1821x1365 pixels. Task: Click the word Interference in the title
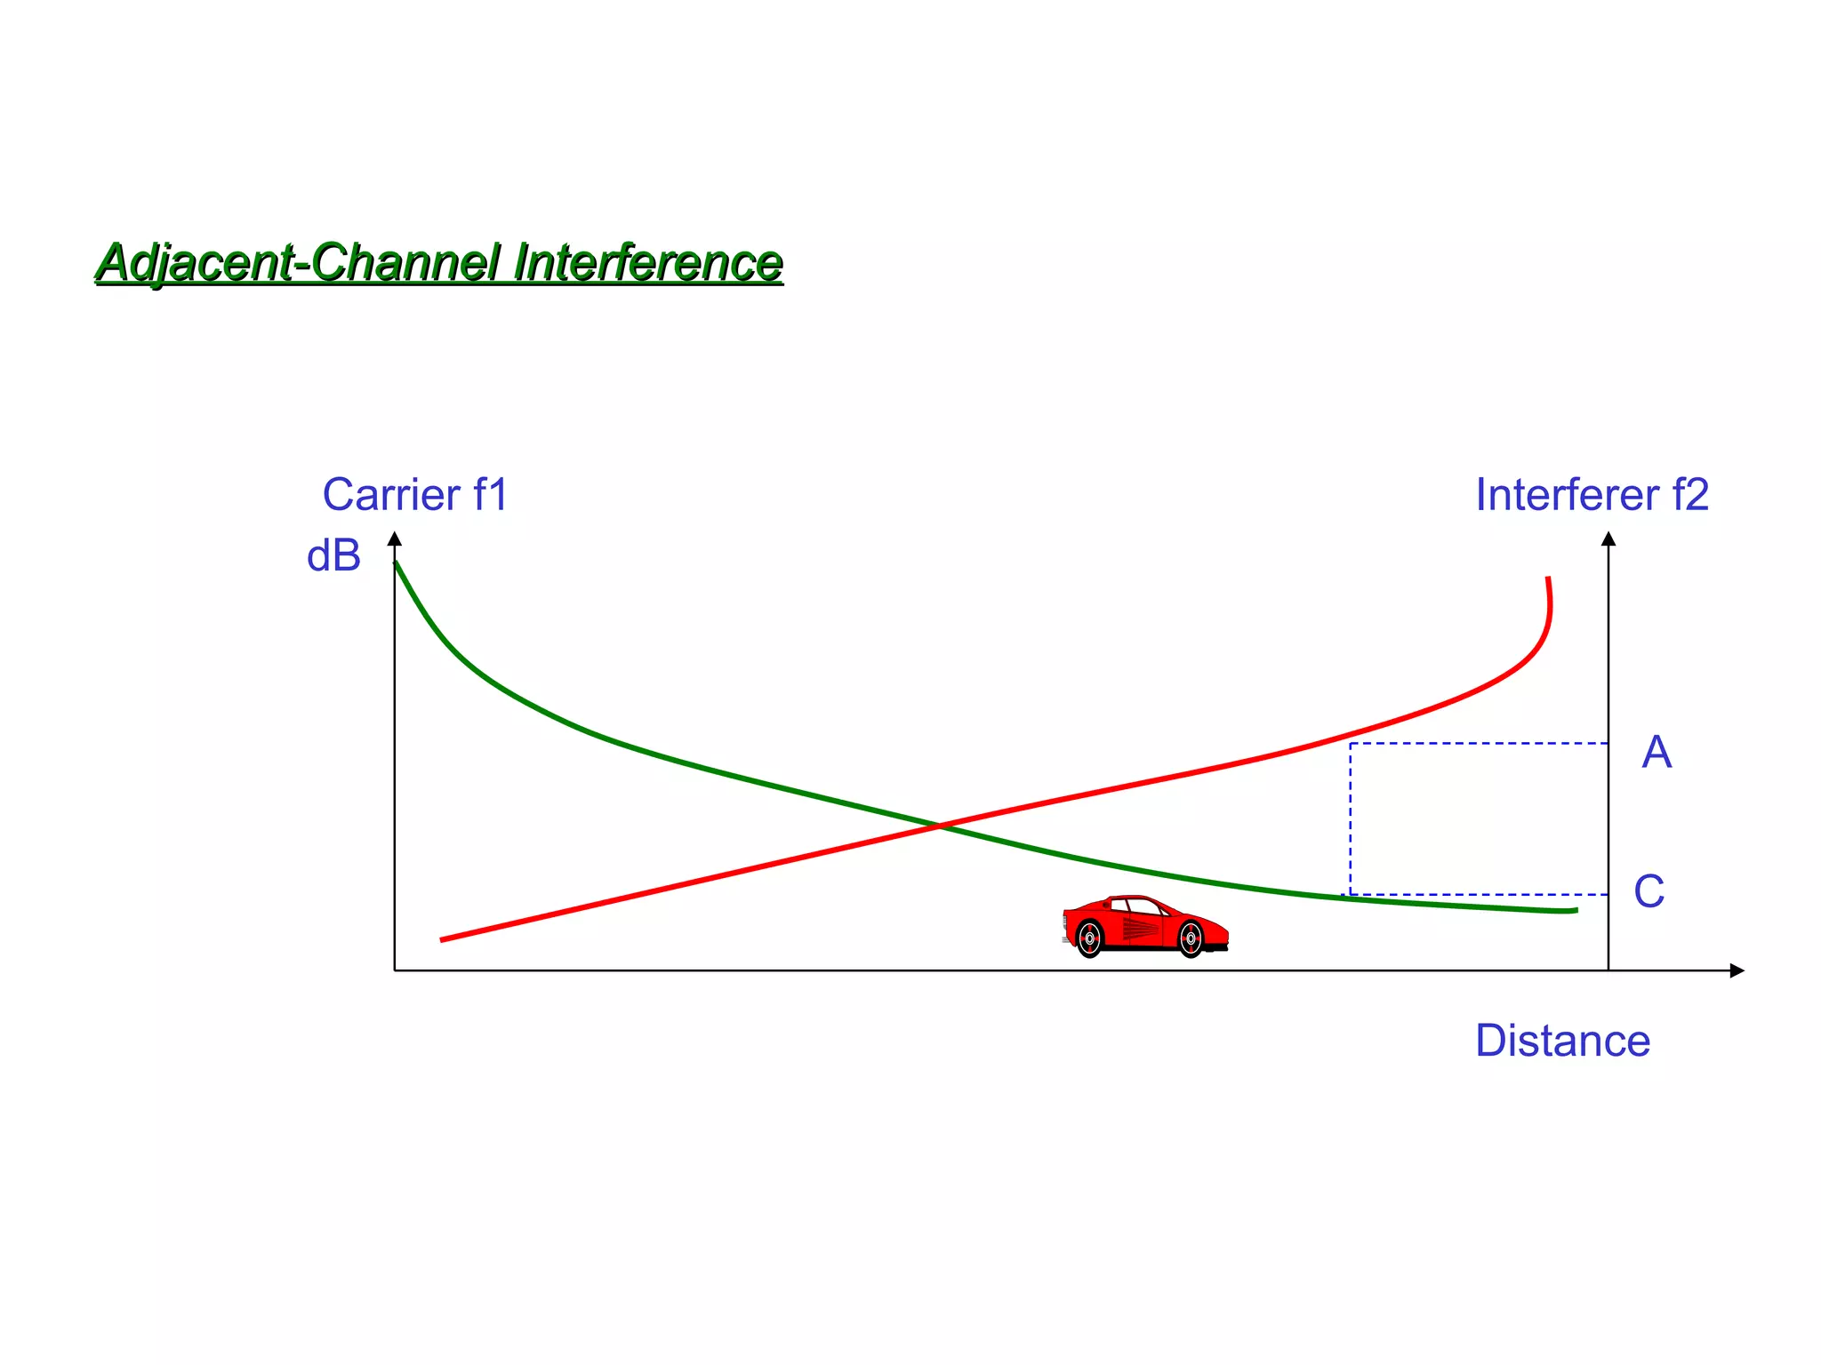647,263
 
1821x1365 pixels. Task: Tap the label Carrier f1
414,495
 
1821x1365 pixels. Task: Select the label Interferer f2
1592,495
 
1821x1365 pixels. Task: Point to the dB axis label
333,557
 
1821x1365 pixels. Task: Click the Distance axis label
1562,1041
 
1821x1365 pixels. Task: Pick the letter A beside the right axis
1657,753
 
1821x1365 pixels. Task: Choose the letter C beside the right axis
1649,891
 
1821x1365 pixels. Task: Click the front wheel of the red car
1191,938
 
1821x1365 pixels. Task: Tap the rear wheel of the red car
1089,938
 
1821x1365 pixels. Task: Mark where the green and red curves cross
940,826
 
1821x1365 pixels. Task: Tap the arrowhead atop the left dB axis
395,539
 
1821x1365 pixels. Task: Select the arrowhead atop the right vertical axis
1608,539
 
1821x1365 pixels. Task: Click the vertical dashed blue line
1350,818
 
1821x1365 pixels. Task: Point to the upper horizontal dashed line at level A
1476,743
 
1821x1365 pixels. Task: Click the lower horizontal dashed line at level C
1476,894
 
